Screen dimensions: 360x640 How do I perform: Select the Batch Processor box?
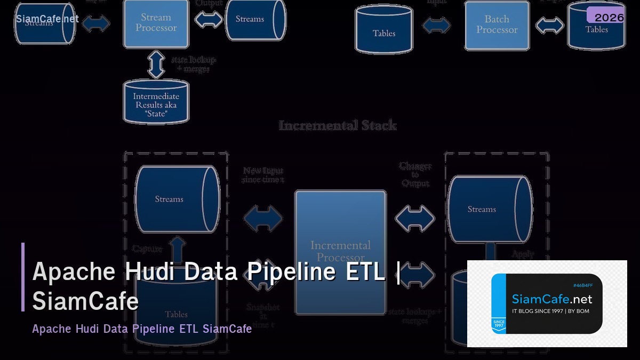coord(497,25)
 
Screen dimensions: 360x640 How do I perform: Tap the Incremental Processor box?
coord(340,251)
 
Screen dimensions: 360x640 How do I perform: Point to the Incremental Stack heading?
coord(338,126)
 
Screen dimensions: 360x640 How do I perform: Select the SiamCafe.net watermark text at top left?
coord(47,19)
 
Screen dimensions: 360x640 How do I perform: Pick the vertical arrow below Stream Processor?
coord(156,64)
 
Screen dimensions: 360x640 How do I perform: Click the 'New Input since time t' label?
coord(263,175)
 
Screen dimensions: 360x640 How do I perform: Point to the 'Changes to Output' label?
coord(415,174)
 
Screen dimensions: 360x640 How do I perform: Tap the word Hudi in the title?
coord(151,271)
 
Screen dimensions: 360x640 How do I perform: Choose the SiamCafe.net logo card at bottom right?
coord(547,303)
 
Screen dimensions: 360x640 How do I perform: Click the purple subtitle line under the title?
coord(142,329)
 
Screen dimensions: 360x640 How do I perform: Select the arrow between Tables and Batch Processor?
coord(436,25)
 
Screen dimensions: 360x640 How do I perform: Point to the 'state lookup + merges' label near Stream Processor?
coord(193,65)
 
